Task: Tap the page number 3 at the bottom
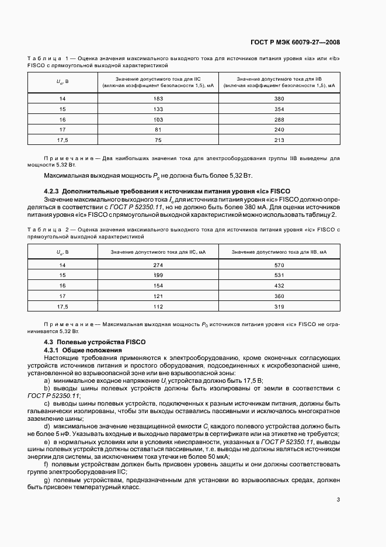coord(338,499)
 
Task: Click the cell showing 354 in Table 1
coord(279,109)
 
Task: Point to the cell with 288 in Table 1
coord(279,119)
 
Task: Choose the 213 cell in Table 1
coord(279,140)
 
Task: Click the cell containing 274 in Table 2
coord(158,265)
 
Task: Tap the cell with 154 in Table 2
coord(158,286)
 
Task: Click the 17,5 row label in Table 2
coord(62,306)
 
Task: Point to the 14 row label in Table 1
coord(62,99)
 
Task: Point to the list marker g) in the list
coord(47,479)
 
